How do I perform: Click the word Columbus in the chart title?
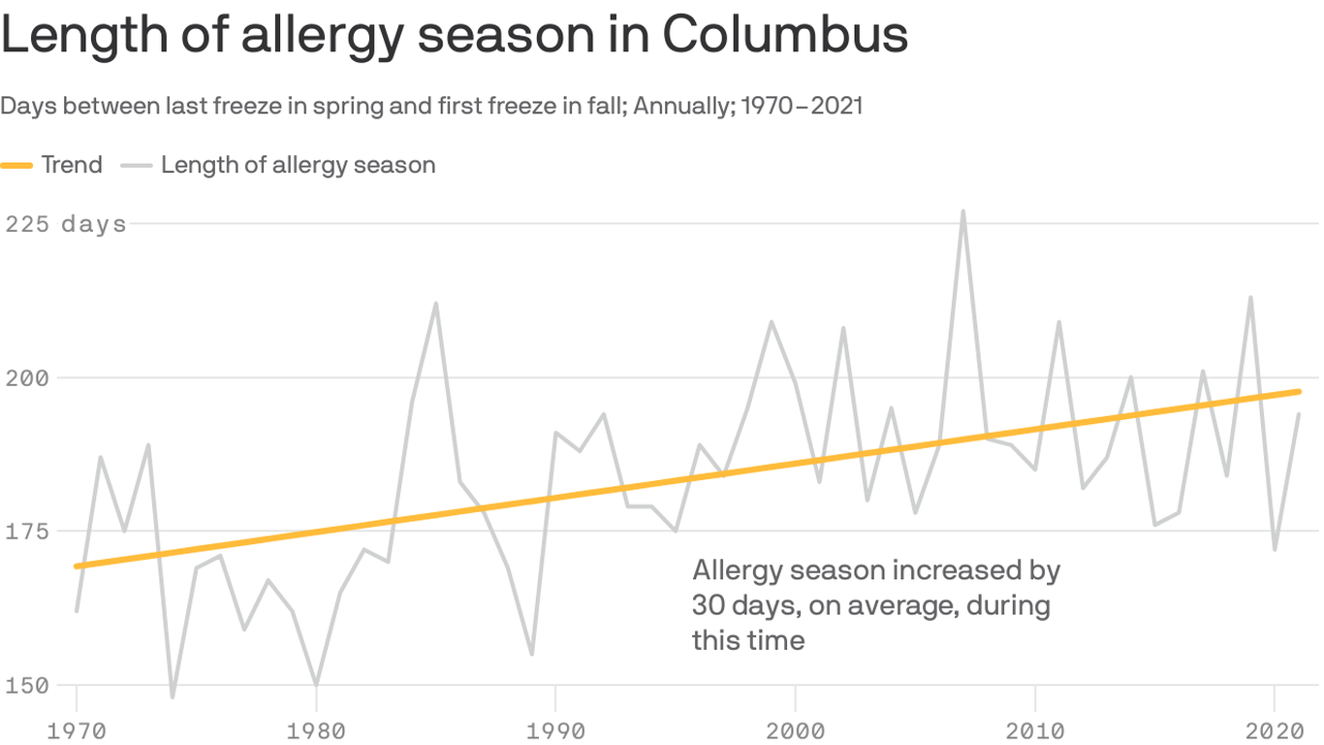785,35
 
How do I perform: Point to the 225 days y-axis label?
66,224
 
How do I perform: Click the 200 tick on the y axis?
27,377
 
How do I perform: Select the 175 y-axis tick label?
27,532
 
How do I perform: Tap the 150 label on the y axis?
27,685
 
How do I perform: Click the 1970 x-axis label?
76,729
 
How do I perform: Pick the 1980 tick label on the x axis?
316,729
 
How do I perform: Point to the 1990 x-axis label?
555,729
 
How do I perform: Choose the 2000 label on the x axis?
795,729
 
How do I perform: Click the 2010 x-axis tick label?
1035,729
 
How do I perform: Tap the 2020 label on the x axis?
1275,729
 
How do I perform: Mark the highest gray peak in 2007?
962,211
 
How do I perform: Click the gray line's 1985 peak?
436,303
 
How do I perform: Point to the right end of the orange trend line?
1299,391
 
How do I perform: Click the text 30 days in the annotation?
736,605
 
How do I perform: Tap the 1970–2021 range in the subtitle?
802,106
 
